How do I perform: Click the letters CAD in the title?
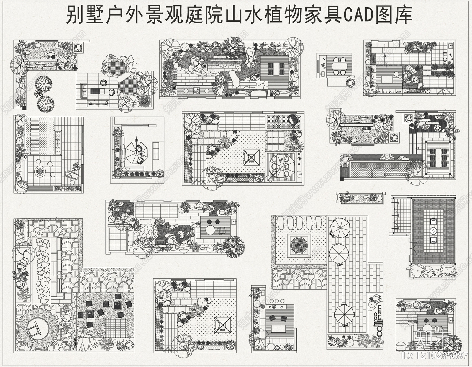click(x=358, y=15)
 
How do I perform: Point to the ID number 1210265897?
click(x=435, y=355)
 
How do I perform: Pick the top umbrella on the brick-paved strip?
click(x=340, y=227)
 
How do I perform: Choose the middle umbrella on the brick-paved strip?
click(x=339, y=253)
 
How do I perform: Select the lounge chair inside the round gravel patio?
click(x=33, y=327)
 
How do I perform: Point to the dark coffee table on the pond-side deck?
click(x=96, y=91)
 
